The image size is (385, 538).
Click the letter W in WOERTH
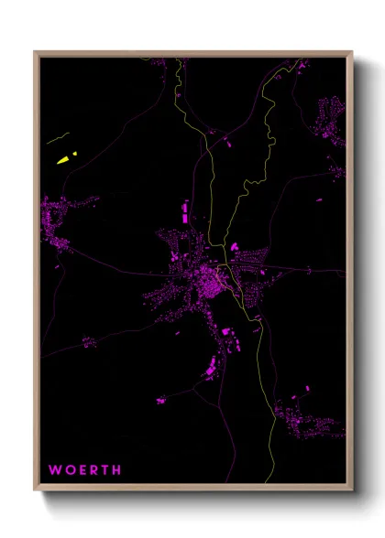click(x=55, y=470)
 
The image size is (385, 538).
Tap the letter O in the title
click(x=70, y=470)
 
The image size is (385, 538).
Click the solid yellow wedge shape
click(x=63, y=160)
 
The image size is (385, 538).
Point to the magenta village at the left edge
click(x=57, y=220)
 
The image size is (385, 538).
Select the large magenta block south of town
click(x=212, y=367)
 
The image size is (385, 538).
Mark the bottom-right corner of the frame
click(x=352, y=491)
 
